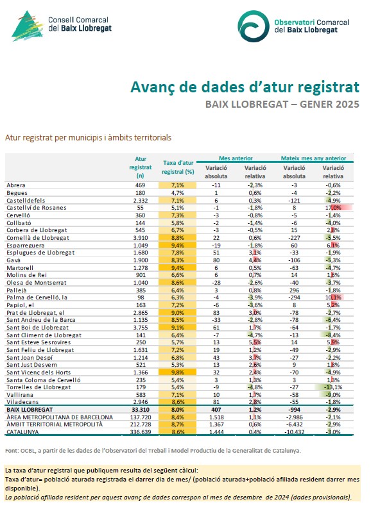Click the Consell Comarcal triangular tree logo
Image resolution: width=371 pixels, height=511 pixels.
tap(28, 26)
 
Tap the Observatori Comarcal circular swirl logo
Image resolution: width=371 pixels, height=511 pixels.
tap(253, 26)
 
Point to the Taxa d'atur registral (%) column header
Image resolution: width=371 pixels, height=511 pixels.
tap(178, 167)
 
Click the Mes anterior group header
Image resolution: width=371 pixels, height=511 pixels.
tap(236, 158)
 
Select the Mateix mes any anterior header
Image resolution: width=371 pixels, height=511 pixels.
tap(314, 158)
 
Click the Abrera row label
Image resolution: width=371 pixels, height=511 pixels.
tap(16, 185)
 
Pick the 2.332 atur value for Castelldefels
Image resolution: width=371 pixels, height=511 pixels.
tap(141, 201)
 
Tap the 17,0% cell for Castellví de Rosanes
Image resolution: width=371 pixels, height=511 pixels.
tap(333, 208)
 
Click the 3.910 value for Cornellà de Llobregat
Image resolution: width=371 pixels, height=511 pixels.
tap(141, 238)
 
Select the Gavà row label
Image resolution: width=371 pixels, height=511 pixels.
tap(13, 260)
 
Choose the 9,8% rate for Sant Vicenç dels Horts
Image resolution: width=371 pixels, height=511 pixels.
tap(178, 372)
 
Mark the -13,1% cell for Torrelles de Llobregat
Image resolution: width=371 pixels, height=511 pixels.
tap(333, 387)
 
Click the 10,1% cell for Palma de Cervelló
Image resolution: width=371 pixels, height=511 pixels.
tap(333, 297)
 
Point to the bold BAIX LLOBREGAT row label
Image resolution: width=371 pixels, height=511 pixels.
tap(30, 410)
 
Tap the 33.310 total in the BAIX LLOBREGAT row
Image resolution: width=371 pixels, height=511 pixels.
tap(141, 410)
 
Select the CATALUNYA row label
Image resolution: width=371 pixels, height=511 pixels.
tap(22, 431)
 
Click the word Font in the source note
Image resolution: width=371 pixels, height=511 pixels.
tap(12, 451)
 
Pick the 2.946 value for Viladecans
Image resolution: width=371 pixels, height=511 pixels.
tap(141, 402)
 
